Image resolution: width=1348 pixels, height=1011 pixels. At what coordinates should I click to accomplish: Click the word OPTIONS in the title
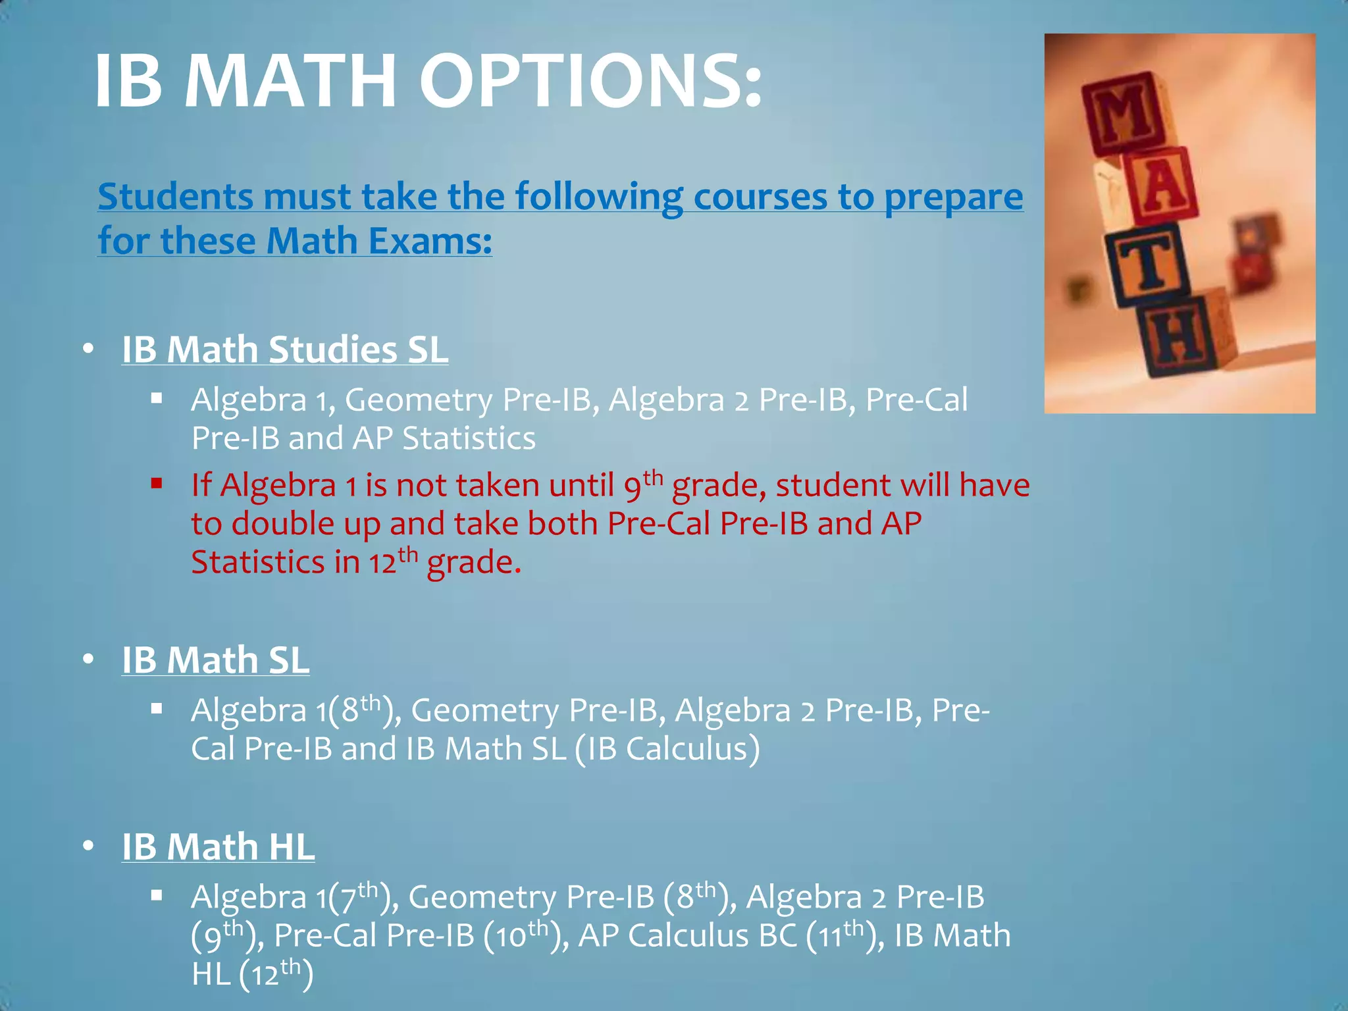pos(590,82)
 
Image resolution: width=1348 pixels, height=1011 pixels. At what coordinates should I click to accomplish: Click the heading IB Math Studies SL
pos(284,350)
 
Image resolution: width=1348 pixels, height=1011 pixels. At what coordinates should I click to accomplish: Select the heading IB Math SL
pos(215,660)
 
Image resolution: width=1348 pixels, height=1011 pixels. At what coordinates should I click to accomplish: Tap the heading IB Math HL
pos(218,846)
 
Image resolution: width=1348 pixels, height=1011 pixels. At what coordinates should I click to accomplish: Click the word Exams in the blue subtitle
pos(428,241)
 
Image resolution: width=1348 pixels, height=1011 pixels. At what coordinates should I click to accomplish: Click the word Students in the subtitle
pos(175,197)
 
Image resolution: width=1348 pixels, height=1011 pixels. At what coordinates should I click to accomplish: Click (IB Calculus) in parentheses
pos(667,749)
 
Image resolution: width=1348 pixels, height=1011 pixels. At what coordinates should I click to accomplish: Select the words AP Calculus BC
pos(687,936)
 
